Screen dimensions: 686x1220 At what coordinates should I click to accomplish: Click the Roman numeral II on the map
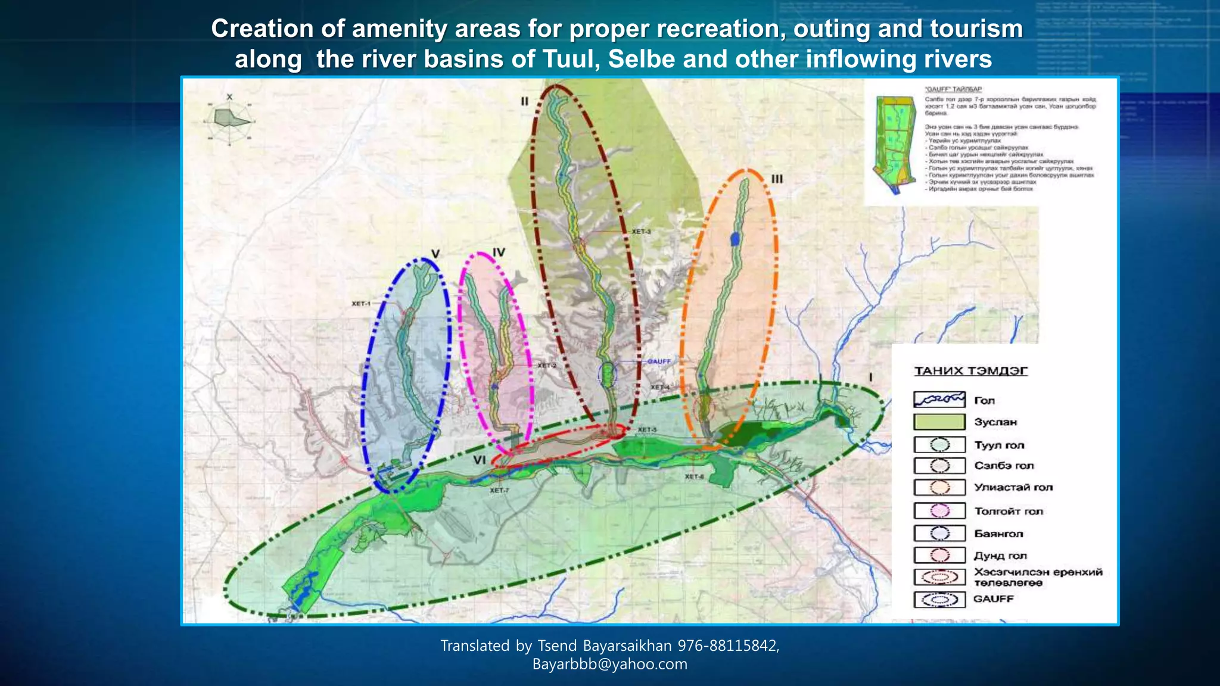pos(524,101)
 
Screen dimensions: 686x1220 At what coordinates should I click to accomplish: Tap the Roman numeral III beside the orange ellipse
pos(777,179)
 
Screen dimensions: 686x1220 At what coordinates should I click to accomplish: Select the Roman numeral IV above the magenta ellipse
pos(499,252)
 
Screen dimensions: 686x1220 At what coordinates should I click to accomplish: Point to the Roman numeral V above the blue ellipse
pos(435,254)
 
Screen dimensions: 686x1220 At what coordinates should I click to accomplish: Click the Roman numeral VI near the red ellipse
pos(480,460)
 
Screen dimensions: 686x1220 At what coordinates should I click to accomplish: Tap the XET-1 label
pos(361,304)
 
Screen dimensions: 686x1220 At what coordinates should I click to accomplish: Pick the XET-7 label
pos(499,491)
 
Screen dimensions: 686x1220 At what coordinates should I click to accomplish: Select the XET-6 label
pos(694,476)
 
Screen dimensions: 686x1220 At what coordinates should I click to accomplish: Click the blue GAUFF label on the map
pos(659,361)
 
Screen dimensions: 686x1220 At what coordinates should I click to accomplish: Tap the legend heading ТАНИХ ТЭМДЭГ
pos(971,371)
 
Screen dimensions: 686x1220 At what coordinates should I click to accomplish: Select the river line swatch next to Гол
pos(939,400)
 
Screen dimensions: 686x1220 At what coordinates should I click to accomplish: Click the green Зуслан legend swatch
pos(939,422)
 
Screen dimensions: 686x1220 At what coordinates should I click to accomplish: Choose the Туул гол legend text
pos(999,445)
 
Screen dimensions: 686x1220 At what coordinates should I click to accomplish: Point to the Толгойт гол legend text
pos(1009,511)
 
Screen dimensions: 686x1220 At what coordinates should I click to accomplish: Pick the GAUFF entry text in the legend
pos(993,598)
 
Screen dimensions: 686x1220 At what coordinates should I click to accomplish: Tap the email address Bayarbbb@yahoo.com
pos(609,664)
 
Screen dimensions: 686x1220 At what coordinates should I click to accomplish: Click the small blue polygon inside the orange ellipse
pos(736,238)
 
